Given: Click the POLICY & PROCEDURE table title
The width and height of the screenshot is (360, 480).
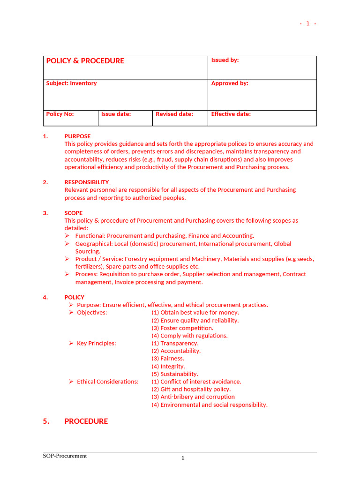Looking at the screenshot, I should pyautogui.click(x=85, y=61).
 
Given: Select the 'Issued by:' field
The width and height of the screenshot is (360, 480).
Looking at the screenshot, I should pyautogui.click(x=225, y=60).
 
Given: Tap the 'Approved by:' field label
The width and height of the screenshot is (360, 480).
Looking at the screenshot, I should pyautogui.click(x=230, y=83).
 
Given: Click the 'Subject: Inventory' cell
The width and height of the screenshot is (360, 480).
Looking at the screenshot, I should pyautogui.click(x=71, y=83).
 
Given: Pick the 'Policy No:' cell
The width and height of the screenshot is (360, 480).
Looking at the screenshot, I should pyautogui.click(x=60, y=114).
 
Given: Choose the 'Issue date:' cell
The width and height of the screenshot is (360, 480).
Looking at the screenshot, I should pyautogui.click(x=116, y=114).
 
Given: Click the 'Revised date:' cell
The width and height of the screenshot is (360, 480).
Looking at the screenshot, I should pyautogui.click(x=174, y=114).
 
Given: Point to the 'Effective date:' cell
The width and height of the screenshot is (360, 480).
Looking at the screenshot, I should pyautogui.click(x=231, y=114).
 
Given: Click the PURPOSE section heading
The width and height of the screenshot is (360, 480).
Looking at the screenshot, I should pyautogui.click(x=77, y=136).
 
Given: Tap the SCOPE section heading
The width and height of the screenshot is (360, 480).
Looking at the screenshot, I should pyautogui.click(x=74, y=213).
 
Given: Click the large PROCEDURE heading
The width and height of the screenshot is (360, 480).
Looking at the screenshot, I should pyautogui.click(x=86, y=421).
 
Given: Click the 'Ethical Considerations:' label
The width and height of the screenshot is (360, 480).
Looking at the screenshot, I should pyautogui.click(x=108, y=382).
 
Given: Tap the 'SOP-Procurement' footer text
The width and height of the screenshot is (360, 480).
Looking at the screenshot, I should pyautogui.click(x=65, y=456).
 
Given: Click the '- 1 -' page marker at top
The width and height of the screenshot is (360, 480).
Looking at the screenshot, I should pyautogui.click(x=308, y=24).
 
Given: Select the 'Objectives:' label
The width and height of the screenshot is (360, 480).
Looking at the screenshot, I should pyautogui.click(x=92, y=313).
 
